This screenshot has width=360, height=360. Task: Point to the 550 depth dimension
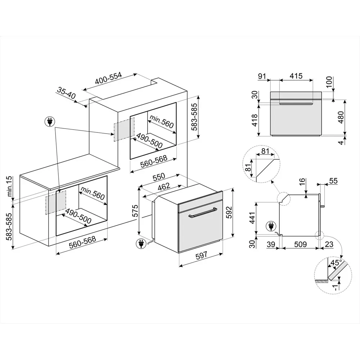tap(158, 177)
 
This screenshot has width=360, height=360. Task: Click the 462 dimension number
tap(164, 186)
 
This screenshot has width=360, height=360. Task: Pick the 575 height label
tap(135, 211)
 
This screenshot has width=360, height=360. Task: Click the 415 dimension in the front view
tap(296, 76)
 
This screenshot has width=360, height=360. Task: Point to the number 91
tap(262, 76)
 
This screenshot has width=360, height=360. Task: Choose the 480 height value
tap(341, 118)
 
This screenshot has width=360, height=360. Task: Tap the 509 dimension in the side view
tap(301, 245)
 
